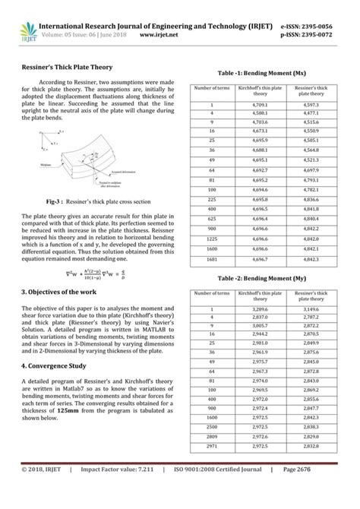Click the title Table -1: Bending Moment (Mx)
[262, 74]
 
